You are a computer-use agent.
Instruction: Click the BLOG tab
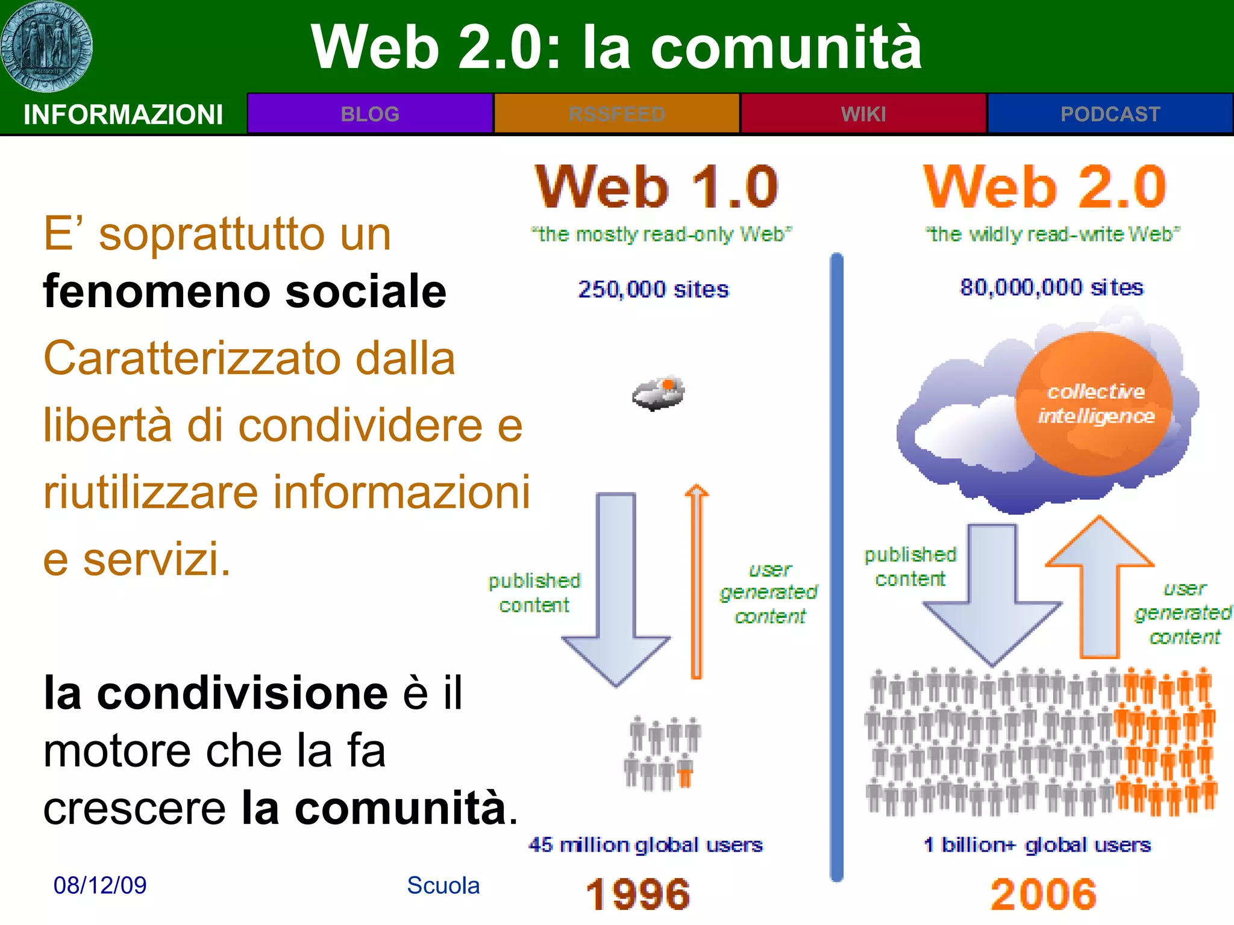coord(370,114)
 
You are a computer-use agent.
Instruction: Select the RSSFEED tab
coord(616,114)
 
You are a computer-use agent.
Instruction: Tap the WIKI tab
coord(863,114)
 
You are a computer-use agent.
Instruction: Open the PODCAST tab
coord(1110,114)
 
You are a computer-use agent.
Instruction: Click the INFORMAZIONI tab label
coord(123,114)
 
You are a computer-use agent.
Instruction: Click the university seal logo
coord(46,46)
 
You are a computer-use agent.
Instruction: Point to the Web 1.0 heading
coord(656,187)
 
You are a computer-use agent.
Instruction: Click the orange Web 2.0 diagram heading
coord(1045,187)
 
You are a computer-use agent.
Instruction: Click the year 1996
coord(638,894)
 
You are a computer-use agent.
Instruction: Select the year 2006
coord(1044,894)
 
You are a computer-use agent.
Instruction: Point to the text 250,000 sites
coord(653,290)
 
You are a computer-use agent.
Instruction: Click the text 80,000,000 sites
coord(1051,288)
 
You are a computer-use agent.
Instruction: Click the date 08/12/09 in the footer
coord(100,885)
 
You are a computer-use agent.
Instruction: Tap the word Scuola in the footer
coord(443,885)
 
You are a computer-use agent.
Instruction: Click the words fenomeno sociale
coord(245,291)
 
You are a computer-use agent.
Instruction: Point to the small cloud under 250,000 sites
coord(659,394)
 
